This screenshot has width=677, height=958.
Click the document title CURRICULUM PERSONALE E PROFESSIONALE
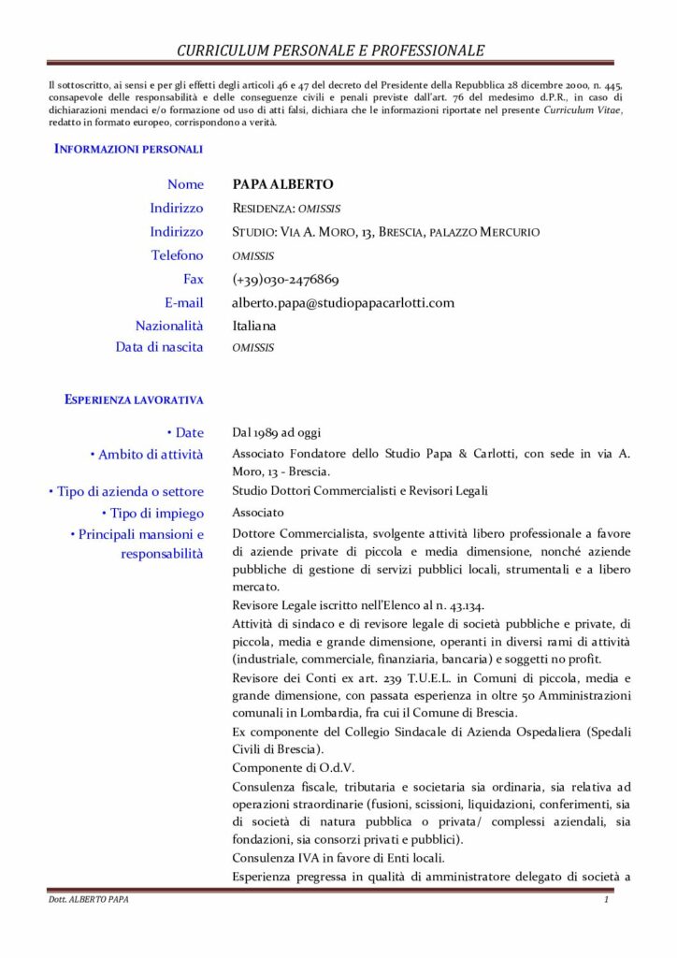pos(331,51)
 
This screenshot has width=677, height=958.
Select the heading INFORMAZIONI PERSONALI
pos(128,149)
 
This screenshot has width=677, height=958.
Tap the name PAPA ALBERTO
pos(282,184)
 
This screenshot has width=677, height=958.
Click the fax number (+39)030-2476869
pos(285,279)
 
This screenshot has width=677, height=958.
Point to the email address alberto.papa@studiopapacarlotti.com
pos(343,302)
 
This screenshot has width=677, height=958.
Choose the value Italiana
pos(254,326)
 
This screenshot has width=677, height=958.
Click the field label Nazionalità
pos(169,326)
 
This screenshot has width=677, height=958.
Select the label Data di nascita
pos(159,347)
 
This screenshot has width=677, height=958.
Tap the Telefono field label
pos(177,255)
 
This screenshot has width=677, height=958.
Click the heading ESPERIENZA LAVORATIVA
pos(134,400)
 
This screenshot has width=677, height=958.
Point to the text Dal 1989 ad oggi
pos(277,432)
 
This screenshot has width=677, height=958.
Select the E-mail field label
pos(183,302)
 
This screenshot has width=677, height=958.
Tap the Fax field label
pos(193,279)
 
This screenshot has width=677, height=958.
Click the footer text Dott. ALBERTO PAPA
pos(89,900)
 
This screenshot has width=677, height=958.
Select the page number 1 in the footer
pos(606,900)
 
